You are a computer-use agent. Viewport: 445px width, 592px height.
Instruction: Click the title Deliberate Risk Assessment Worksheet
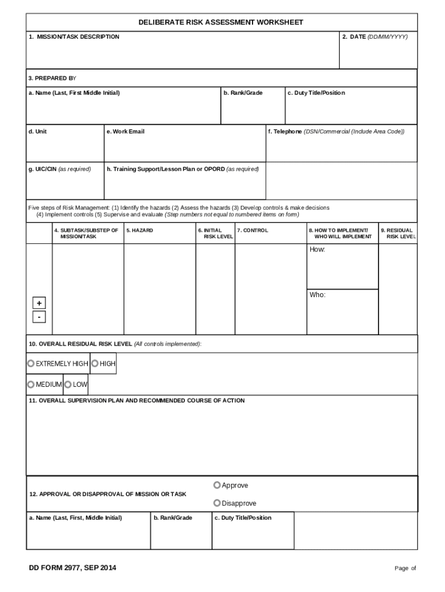(221, 22)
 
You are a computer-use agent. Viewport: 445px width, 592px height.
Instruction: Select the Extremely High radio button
(31, 364)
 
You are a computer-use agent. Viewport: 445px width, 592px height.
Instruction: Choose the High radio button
(95, 364)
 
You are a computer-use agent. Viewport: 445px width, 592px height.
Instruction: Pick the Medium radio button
(31, 384)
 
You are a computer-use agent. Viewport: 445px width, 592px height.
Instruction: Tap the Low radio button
(68, 384)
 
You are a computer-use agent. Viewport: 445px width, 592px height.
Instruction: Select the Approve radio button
(217, 485)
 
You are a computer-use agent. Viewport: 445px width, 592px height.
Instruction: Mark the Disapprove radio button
(217, 503)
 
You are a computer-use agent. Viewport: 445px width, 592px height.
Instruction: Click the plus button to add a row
(39, 304)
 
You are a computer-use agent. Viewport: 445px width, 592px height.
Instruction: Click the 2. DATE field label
(374, 37)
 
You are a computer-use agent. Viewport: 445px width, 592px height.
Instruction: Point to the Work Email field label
(125, 132)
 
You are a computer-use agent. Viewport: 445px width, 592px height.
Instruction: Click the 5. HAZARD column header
(140, 230)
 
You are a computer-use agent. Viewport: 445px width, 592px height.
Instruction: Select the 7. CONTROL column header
(253, 230)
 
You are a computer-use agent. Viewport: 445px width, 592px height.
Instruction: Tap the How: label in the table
(317, 249)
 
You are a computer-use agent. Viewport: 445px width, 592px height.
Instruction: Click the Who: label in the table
(317, 295)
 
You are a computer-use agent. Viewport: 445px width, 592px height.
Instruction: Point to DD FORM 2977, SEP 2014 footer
(73, 568)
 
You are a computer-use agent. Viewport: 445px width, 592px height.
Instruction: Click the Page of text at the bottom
(405, 568)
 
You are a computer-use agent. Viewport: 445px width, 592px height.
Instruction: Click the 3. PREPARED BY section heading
(52, 78)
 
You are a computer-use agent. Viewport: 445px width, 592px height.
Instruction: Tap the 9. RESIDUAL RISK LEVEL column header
(398, 234)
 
